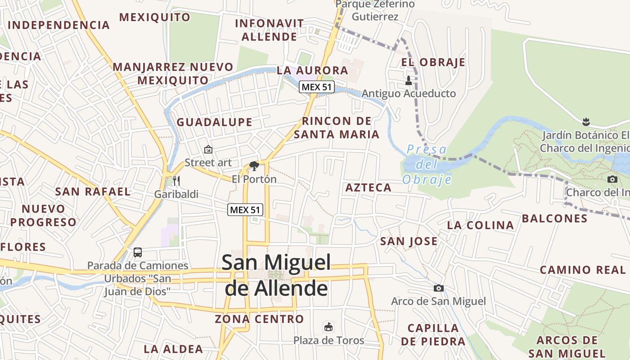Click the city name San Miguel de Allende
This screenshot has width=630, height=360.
pos(276,275)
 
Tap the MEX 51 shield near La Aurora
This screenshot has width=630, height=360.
pos(317,87)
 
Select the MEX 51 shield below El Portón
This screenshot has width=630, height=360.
pos(245,209)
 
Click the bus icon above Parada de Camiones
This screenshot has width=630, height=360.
pos(138,252)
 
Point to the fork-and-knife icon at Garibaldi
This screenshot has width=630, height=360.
pos(176,181)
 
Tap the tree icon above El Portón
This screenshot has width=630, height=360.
pos(254,166)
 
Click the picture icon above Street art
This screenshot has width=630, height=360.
pos(208,149)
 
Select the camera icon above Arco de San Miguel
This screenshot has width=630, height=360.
pos(438,288)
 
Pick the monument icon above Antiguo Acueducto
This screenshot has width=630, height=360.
pos(409,81)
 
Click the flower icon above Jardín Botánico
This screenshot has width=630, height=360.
pos(586,121)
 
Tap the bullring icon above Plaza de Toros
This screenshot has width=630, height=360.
pos(328,327)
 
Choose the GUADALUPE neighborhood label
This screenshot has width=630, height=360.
pos(214,122)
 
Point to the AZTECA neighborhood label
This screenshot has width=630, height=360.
pos(368,188)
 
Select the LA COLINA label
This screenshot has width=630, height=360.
pos(480,225)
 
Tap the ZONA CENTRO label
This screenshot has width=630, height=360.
pos(259,319)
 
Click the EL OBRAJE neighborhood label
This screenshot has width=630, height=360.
pos(433,62)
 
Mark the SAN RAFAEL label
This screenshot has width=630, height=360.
pos(93,191)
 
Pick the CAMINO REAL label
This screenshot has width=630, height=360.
pos(583,270)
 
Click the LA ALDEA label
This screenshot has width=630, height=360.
pos(173,349)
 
